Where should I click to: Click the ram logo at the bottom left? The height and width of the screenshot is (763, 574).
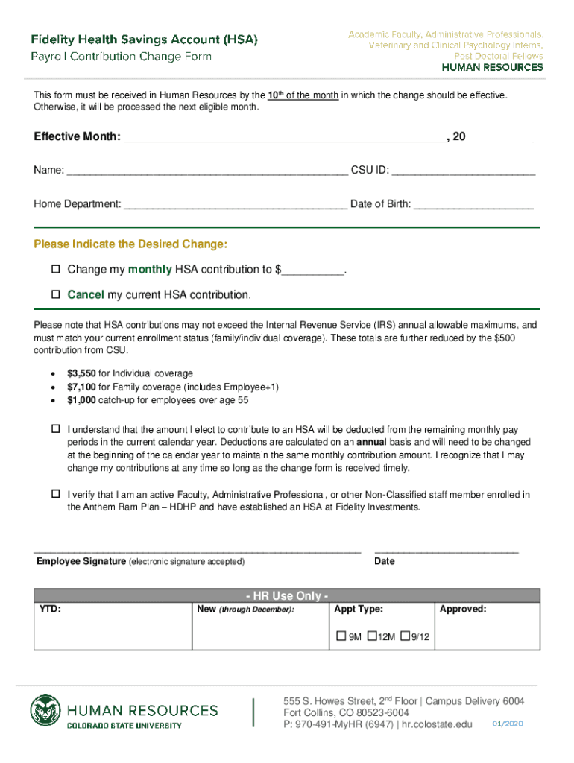(x=46, y=712)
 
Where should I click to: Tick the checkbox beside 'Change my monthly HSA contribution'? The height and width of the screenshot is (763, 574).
(x=55, y=269)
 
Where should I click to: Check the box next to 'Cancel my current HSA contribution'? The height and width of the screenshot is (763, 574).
(x=55, y=294)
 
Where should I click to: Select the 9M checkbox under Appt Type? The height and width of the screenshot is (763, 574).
(x=341, y=636)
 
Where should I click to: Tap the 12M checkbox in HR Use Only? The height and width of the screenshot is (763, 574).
(x=371, y=636)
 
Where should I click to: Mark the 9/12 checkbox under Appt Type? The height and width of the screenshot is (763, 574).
(x=405, y=636)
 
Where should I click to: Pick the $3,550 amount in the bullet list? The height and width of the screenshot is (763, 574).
(x=81, y=373)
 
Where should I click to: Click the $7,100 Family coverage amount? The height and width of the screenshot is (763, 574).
(x=81, y=387)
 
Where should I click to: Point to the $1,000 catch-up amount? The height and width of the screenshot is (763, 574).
(x=81, y=400)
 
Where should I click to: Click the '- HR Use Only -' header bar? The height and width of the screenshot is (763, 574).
(x=287, y=595)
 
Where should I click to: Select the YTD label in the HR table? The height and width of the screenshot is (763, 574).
(x=50, y=610)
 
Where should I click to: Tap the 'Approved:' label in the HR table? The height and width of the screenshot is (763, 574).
(x=463, y=610)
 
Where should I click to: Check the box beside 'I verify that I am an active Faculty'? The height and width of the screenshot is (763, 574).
(x=55, y=494)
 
